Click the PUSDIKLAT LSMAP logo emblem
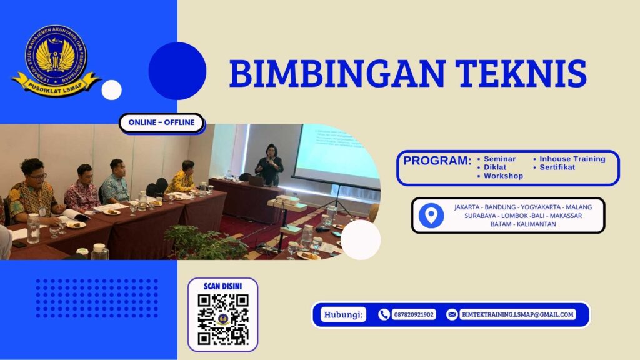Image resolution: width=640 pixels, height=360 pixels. [56, 60]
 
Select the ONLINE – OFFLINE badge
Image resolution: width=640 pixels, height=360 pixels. [161, 122]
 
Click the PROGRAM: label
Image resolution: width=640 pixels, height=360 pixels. [437, 161]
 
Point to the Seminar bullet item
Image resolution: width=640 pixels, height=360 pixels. [499, 159]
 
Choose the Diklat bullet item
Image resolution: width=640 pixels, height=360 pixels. [494, 167]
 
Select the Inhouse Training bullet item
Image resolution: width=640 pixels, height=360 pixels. [571, 159]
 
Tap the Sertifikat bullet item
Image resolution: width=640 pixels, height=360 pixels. [556, 167]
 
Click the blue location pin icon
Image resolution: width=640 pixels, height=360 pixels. [431, 216]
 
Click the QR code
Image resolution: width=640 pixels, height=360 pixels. [223, 319]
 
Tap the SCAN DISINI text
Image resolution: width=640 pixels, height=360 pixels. [223, 286]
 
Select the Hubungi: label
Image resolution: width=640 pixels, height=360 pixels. [344, 315]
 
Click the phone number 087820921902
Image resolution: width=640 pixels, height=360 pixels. [414, 315]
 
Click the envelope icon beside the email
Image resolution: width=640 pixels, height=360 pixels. [451, 315]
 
